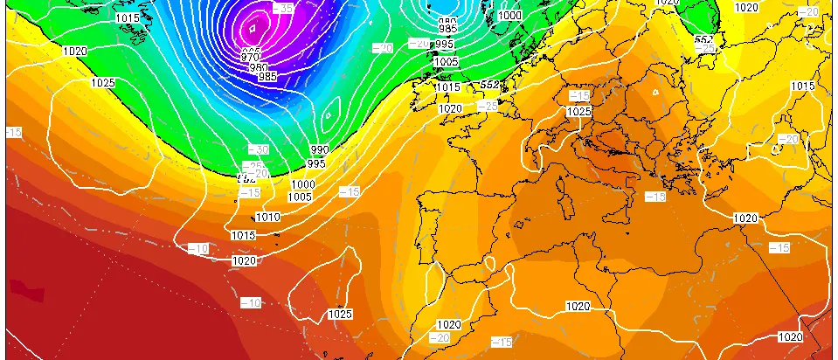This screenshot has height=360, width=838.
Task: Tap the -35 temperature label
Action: pos(283,8)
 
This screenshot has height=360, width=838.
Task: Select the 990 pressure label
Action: pos(318,151)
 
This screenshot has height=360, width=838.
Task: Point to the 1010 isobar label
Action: pos(268,218)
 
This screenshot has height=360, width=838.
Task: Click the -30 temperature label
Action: pos(259,150)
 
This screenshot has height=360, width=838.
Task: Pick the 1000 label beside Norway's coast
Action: pos(509,16)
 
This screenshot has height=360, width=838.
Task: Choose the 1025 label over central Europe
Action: pos(578,112)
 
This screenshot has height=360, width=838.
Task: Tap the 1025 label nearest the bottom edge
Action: pos(340,314)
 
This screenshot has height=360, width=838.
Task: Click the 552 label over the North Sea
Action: pos(490,85)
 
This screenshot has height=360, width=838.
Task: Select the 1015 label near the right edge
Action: pos(802,86)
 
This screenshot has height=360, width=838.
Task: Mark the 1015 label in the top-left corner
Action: pos(127,17)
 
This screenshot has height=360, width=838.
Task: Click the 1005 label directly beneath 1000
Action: pos(300,197)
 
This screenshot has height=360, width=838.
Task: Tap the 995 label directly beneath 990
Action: pos(316,163)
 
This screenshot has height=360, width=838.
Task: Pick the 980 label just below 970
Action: pos(259,68)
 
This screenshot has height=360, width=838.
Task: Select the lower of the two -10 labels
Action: pos(252,302)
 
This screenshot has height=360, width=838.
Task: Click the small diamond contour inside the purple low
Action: pos(253,29)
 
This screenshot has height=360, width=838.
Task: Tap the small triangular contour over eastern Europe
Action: pos(654,91)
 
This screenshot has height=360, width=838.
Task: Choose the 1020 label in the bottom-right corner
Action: pos(790,337)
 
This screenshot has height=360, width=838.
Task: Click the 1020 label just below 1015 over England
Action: pos(450,108)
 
